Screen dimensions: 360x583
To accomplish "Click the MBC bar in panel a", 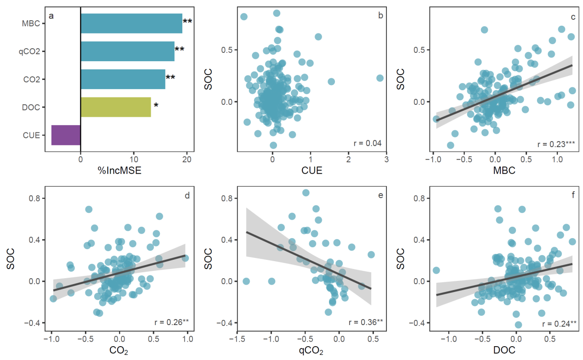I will pyautogui.click(x=131, y=23).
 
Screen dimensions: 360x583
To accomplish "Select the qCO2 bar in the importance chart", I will pyautogui.click(x=128, y=51).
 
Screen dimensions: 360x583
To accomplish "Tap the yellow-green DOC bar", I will pyautogui.click(x=116, y=107).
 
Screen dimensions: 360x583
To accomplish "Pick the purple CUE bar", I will pyautogui.click(x=66, y=135).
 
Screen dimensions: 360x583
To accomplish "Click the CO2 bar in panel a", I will pyautogui.click(x=123, y=79).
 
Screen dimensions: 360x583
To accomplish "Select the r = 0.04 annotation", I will pyautogui.click(x=368, y=143).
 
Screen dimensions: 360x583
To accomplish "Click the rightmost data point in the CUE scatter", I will pyautogui.click(x=380, y=78).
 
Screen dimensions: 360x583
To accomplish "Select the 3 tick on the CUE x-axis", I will pyautogui.click(x=386, y=160).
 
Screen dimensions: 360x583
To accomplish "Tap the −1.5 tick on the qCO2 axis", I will pyautogui.click(x=237, y=339).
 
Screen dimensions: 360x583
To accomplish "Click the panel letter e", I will pyautogui.click(x=380, y=196).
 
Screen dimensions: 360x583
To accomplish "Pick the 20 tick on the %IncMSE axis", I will pyautogui.click(x=187, y=160).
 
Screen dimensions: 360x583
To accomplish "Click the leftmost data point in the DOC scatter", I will pyautogui.click(x=436, y=270).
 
